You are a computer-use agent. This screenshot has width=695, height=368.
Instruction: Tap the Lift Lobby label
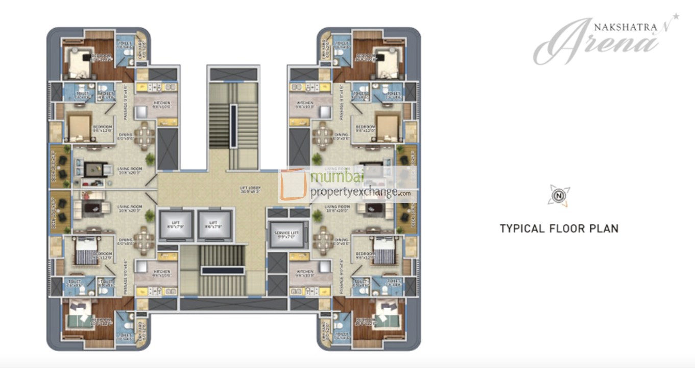pyautogui.click(x=251, y=190)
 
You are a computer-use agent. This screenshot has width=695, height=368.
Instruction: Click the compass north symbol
pyautogui.click(x=558, y=195)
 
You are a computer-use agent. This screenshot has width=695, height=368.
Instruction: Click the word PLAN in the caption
pyautogui.click(x=604, y=228)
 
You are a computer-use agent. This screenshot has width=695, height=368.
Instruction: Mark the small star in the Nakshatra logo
pyautogui.click(x=676, y=16)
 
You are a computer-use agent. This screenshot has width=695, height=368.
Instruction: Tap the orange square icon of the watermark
pyautogui.click(x=293, y=185)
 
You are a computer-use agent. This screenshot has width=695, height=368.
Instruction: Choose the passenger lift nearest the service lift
pyautogui.click(x=213, y=225)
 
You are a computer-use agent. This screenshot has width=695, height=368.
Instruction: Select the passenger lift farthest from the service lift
pyautogui.click(x=175, y=225)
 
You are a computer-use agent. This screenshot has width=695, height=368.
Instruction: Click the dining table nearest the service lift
pyautogui.click(x=323, y=238)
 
